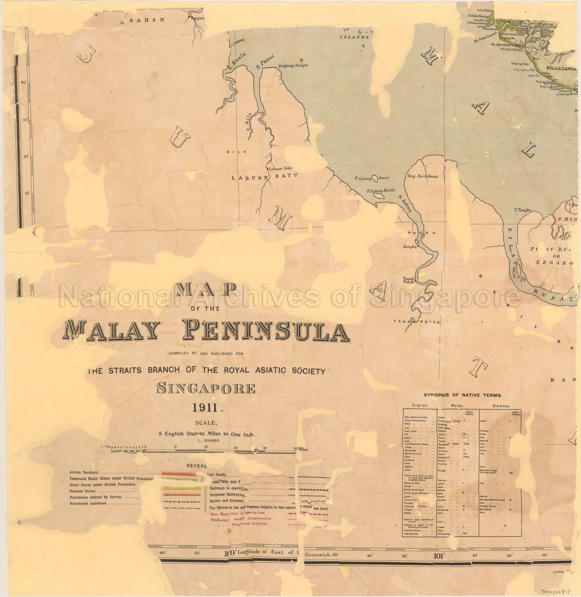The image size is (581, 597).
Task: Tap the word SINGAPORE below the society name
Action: pos(206,388)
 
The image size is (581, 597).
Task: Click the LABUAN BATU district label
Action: pos(265,177)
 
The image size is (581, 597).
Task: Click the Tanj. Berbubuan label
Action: pos(423,176)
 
